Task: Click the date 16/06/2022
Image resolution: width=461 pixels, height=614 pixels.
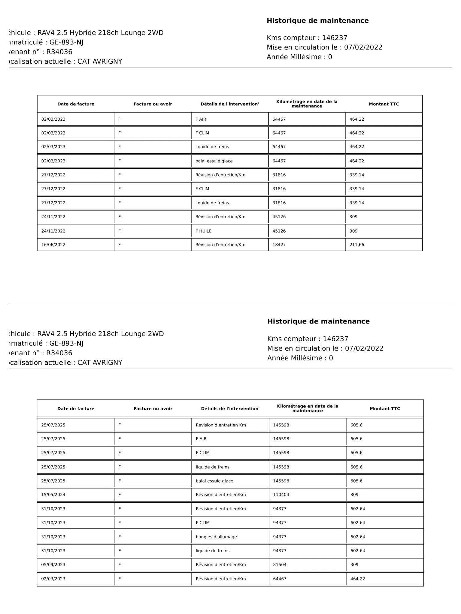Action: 53,245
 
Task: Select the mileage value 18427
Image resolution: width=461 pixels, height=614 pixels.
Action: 279,245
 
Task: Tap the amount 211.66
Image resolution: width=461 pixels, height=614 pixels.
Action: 356,245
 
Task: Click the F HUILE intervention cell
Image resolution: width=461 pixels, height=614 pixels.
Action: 203,231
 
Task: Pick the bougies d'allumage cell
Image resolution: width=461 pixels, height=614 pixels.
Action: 216,537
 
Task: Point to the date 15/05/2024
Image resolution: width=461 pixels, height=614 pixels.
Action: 53,495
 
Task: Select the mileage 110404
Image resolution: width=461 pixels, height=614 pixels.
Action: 281,495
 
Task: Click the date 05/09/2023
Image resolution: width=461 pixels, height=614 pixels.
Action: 53,564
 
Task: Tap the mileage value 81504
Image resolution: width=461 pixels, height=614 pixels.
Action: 280,564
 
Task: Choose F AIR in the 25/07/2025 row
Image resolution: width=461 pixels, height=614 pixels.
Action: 201,439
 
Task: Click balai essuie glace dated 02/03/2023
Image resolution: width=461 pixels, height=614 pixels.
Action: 214,161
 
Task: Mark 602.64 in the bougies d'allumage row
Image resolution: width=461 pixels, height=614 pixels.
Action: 358,537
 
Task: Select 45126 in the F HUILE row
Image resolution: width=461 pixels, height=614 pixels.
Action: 279,231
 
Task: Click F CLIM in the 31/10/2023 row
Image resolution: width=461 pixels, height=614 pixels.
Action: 203,522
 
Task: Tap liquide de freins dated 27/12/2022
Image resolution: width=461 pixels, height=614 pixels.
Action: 212,203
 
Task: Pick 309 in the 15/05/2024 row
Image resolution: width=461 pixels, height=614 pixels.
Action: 354,495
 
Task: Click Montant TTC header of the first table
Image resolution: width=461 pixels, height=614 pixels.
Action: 384,104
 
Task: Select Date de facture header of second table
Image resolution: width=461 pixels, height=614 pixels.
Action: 76,408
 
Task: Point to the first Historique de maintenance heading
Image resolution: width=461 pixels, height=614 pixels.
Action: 317,21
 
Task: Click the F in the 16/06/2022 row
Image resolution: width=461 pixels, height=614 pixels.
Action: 120,245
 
